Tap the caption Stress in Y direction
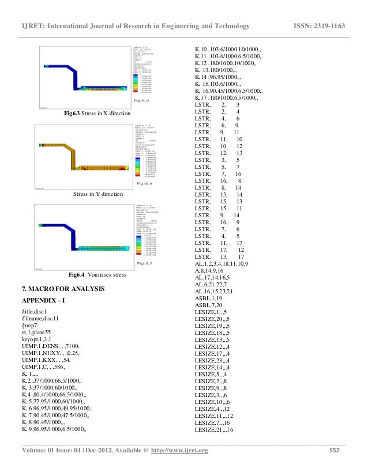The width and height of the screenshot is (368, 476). point(97,195)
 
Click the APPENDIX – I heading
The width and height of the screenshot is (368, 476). point(44,301)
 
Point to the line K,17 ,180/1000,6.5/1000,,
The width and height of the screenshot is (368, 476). point(228,98)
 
